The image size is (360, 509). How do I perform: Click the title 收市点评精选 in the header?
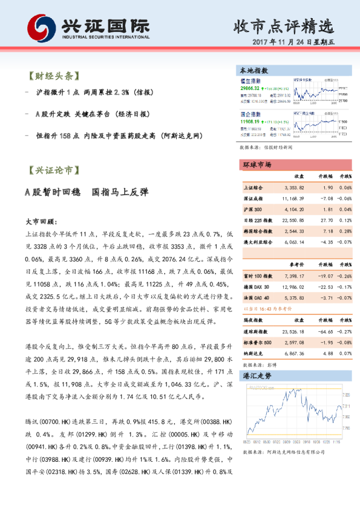[283, 26]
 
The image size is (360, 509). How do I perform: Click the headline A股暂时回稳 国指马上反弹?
[85, 192]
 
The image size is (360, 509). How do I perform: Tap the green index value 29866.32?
[254, 88]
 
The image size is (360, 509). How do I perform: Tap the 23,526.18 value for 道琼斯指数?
[293, 332]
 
